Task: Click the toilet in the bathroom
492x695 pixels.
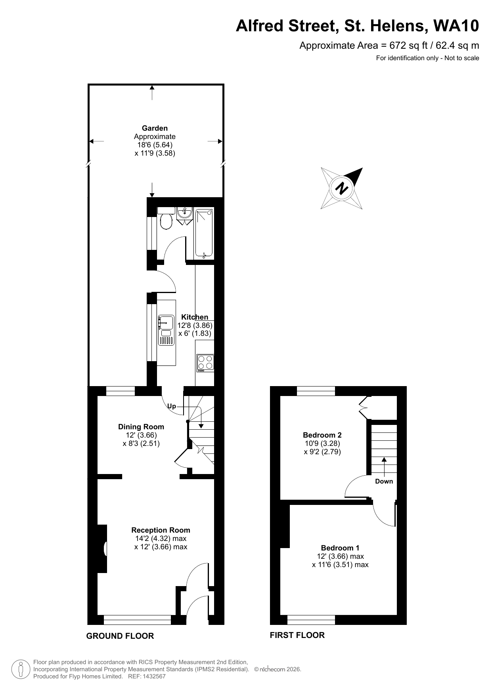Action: pos(166,219)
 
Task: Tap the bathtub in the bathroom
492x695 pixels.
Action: pos(204,233)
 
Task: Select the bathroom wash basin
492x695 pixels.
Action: pos(185,214)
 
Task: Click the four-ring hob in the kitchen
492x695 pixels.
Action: pos(205,362)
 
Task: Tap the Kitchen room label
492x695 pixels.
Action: pos(194,317)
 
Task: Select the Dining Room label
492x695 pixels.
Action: pos(141,427)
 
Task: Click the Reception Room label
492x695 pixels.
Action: pos(161,530)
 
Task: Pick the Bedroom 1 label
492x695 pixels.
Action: pos(340,548)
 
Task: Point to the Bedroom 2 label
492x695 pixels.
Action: pos(322,435)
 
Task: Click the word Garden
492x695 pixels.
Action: pos(155,128)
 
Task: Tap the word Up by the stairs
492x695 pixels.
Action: pos(171,406)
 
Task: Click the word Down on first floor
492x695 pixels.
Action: pos(384,481)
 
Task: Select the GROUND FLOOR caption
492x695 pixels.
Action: pos(120,636)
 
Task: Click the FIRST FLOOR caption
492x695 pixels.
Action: pos(297,635)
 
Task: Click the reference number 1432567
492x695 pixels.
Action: pos(153,676)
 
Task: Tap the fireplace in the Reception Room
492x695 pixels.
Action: pos(104,548)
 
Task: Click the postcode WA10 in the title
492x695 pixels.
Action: pos(456,26)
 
